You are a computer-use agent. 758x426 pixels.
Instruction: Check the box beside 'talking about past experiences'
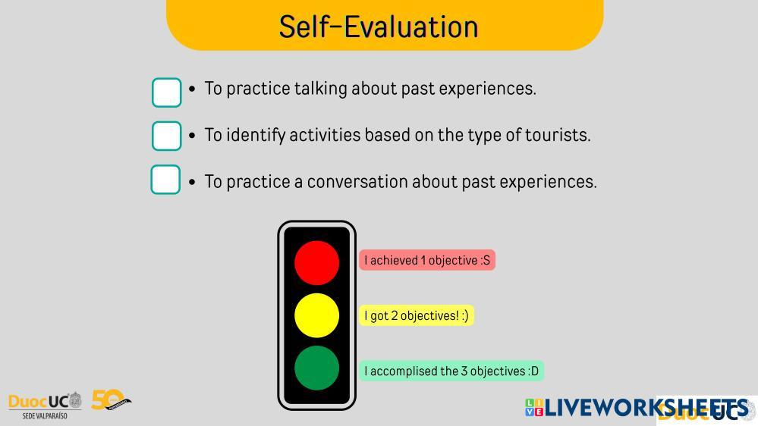166,92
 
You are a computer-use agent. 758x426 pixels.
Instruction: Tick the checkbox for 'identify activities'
166,136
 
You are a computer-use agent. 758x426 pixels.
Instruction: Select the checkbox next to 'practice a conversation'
165,179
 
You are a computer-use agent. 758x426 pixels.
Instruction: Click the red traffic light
316,263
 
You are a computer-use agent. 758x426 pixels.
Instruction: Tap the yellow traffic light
316,315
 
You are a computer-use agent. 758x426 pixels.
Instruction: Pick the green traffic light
316,368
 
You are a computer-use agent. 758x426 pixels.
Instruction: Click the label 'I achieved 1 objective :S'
427,260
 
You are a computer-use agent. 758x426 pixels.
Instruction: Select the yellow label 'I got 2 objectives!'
417,315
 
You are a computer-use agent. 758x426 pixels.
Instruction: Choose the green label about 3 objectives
451,371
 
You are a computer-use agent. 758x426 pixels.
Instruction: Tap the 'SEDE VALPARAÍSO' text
45,415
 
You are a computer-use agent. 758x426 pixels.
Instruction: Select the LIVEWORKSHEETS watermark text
646,407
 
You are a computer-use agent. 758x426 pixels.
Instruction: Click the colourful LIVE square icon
534,407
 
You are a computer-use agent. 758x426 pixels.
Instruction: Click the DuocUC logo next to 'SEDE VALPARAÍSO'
45,401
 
